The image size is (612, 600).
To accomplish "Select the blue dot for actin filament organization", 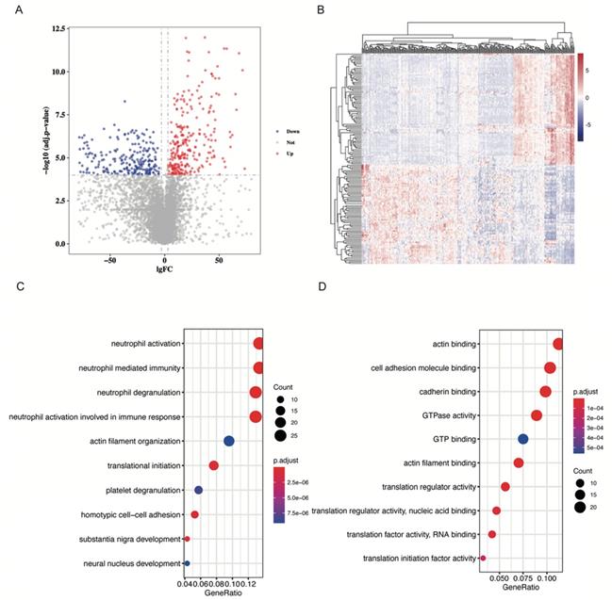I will [x=228, y=441].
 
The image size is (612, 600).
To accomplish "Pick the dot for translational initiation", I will [x=214, y=465].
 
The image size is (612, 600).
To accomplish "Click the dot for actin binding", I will [x=558, y=344].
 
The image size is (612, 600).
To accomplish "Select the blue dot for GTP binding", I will [x=523, y=439].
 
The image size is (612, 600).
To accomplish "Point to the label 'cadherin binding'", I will [x=442, y=391].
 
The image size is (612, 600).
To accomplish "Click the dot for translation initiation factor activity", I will [x=483, y=559].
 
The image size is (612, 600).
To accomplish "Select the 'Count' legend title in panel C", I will [x=284, y=387].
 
